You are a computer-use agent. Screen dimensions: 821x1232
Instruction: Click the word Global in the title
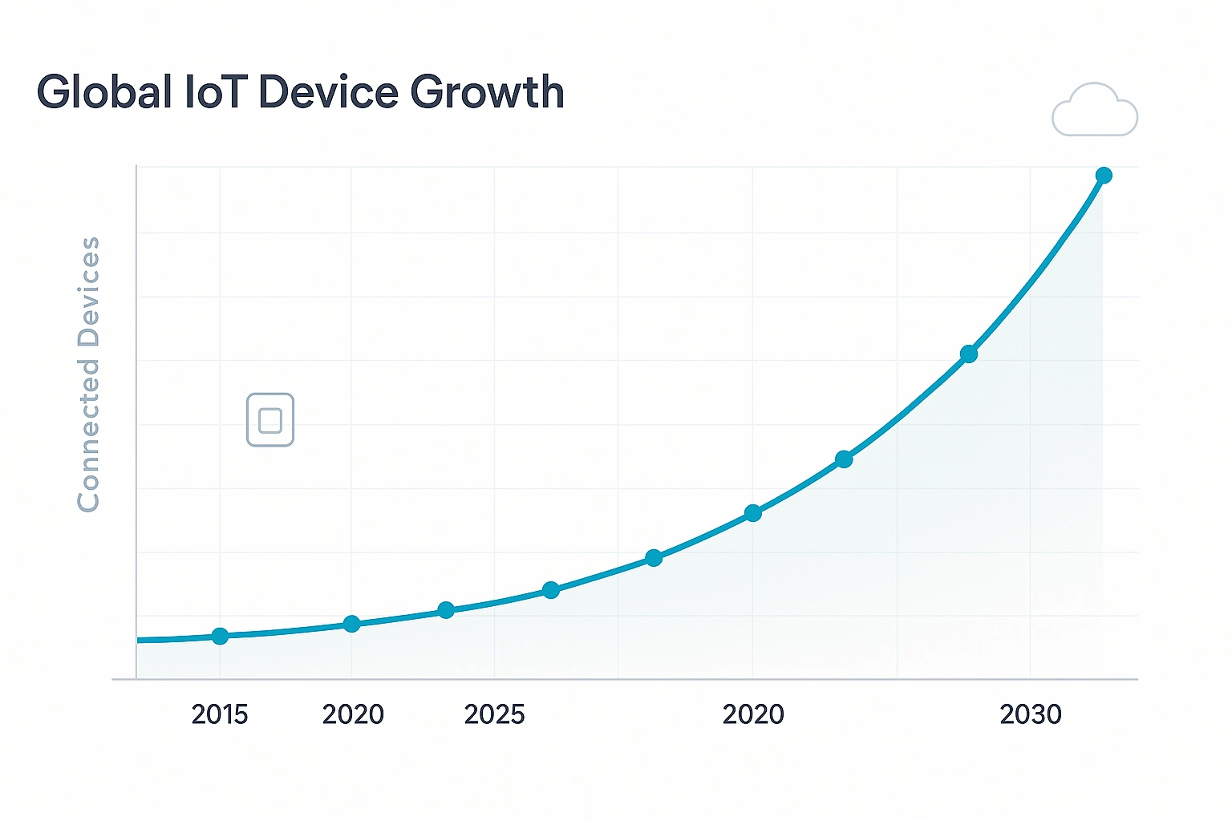click(104, 92)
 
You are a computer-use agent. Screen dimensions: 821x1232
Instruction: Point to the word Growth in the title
click(487, 93)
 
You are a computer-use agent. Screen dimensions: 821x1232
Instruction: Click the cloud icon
click(1095, 111)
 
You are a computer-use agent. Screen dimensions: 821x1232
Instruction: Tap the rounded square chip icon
click(270, 419)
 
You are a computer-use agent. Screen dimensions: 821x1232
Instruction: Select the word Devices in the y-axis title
click(88, 291)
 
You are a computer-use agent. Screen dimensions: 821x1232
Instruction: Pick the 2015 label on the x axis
click(220, 714)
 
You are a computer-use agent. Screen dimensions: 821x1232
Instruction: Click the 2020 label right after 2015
click(353, 714)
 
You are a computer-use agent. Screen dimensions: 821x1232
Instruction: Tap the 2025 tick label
click(494, 714)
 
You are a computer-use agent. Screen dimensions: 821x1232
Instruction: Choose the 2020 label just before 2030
click(753, 714)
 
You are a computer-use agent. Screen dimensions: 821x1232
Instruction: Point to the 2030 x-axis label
click(1031, 714)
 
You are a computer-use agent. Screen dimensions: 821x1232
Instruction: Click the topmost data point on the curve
click(1104, 176)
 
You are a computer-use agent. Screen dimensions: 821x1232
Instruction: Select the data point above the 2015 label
click(220, 636)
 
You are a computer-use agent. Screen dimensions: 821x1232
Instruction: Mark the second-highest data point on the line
click(969, 354)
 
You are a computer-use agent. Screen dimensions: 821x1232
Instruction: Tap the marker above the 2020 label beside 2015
click(351, 624)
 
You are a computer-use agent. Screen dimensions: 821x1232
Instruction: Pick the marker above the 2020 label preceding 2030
click(752, 513)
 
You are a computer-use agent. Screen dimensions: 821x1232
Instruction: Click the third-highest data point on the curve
click(844, 459)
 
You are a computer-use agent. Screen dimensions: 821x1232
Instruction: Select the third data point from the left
click(447, 610)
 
